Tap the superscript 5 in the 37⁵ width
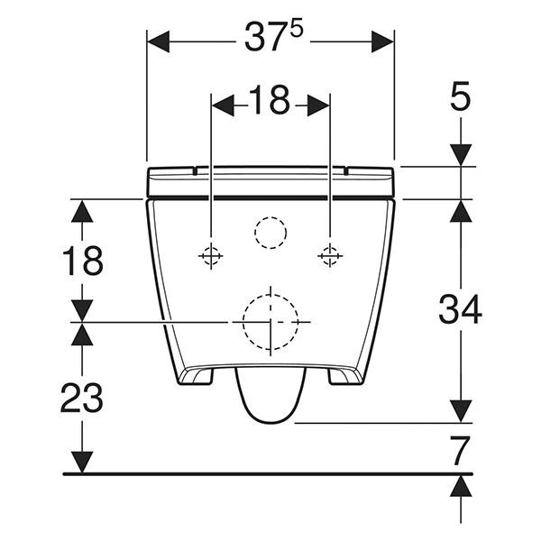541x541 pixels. coord(296,29)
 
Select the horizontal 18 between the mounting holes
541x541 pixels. coord(270,103)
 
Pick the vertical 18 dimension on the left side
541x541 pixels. coord(82,261)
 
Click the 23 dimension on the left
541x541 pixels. coord(82,397)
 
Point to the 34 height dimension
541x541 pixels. coord(461,310)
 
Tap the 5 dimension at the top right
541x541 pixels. coord(461,96)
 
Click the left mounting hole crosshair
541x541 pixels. coord(210,257)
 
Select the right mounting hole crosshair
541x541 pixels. coord(331,257)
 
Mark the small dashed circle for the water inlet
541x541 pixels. coord(270,233)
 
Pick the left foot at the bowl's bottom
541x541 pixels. coord(197,374)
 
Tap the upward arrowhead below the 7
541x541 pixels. coord(461,484)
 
